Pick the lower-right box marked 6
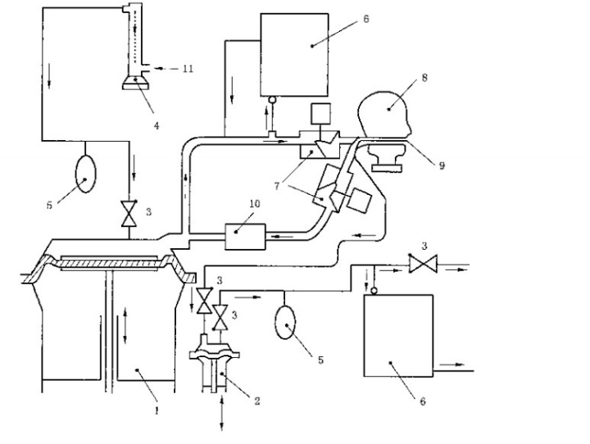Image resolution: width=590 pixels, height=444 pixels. [x=397, y=335]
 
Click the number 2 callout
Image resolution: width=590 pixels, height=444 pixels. [x=256, y=401]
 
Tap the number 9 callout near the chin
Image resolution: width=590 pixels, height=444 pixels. [x=442, y=165]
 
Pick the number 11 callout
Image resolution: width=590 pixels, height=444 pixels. [x=188, y=70]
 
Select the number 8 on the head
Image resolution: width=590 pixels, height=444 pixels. [x=424, y=79]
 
